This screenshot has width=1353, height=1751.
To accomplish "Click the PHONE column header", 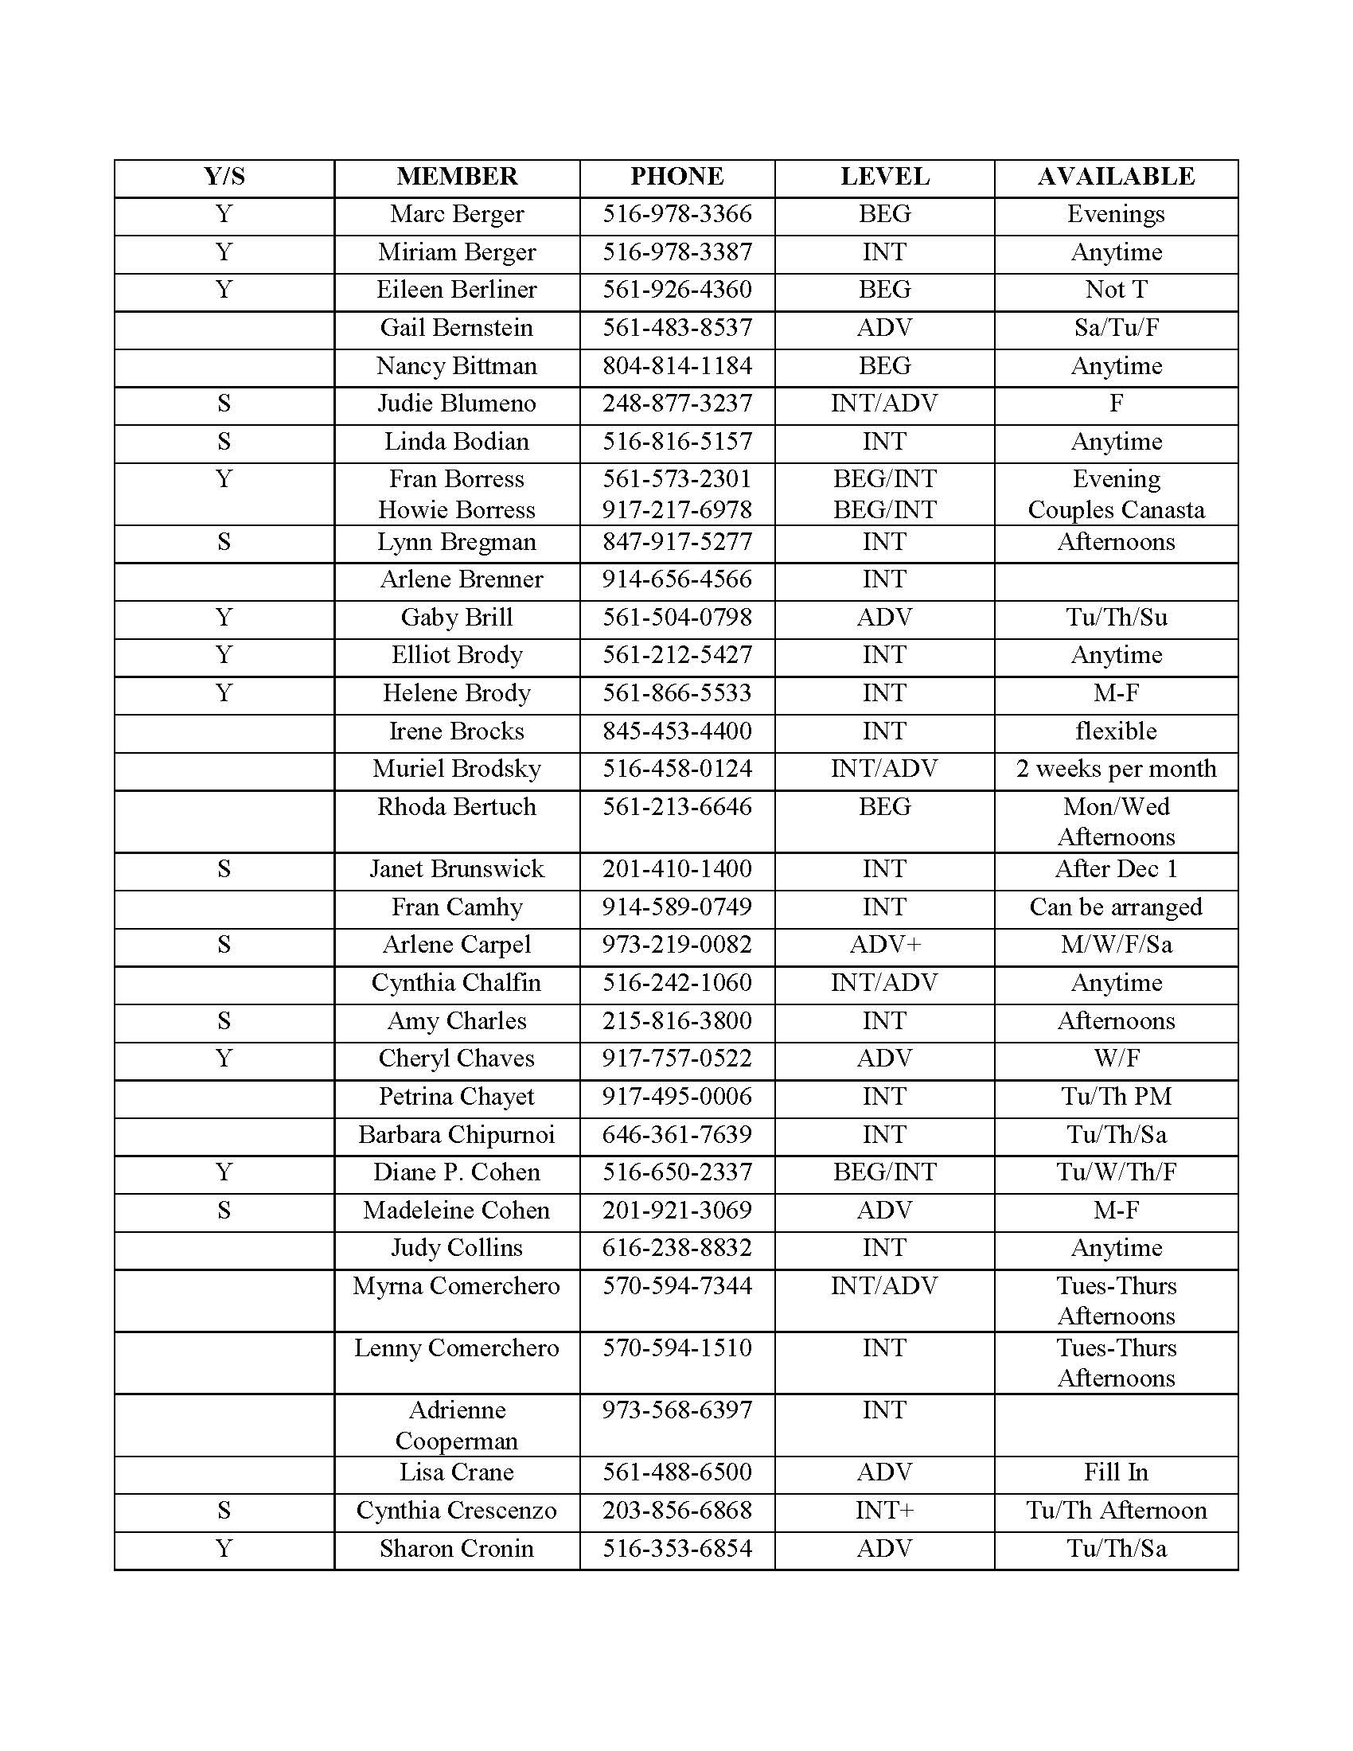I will [x=676, y=177].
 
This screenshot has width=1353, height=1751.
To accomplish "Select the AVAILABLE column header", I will [x=1116, y=177].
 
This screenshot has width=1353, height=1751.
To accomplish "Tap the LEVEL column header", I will [x=884, y=177].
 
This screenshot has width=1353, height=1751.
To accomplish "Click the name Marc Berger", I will [x=457, y=214].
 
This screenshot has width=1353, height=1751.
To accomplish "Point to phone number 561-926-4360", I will [x=676, y=290].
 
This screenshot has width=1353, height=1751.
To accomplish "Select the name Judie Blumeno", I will [x=457, y=404].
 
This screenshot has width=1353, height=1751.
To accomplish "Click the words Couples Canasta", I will [x=1116, y=510].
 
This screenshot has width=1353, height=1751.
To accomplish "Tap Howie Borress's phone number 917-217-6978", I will [x=676, y=510].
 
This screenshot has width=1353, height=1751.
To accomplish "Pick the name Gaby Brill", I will [x=457, y=618].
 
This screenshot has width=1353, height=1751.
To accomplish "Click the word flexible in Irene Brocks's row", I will [x=1116, y=731].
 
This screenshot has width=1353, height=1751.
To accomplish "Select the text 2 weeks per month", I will [x=1116, y=769].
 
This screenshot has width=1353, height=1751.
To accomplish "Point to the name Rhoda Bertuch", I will [x=457, y=806].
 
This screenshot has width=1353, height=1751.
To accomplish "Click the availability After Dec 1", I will [x=1116, y=869].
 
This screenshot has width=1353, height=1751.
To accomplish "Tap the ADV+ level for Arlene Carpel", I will [x=884, y=945].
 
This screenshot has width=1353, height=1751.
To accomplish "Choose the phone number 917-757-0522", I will [x=676, y=1059].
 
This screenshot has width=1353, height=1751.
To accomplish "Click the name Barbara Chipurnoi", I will [x=457, y=1134].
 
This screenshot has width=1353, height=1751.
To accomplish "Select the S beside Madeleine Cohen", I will [x=224, y=1210].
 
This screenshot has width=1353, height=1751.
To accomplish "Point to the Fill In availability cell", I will [x=1116, y=1472].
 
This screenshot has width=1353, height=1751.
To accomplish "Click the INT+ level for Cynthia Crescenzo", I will [x=884, y=1511].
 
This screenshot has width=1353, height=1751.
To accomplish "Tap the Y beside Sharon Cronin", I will [x=224, y=1548].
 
